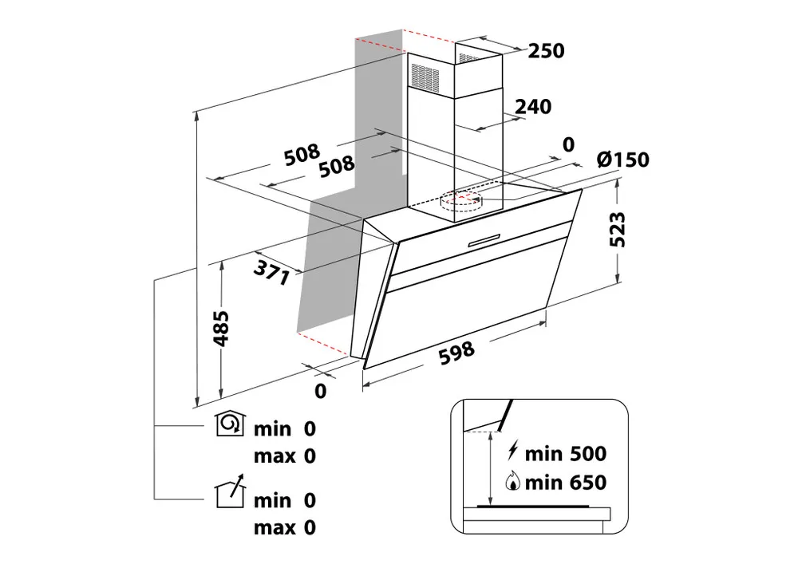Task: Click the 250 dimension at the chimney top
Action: pyautogui.click(x=546, y=51)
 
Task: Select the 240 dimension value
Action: pyautogui.click(x=533, y=107)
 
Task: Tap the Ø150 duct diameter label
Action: pyautogui.click(x=623, y=160)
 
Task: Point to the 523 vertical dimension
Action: pyautogui.click(x=618, y=230)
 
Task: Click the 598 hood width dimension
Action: pyautogui.click(x=456, y=353)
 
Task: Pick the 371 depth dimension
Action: pyautogui.click(x=272, y=272)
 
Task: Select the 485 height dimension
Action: pyautogui.click(x=221, y=329)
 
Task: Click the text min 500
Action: pyautogui.click(x=566, y=454)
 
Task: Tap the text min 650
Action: pyautogui.click(x=566, y=483)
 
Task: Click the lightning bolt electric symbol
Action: pyautogui.click(x=512, y=451)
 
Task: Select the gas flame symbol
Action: pyautogui.click(x=512, y=481)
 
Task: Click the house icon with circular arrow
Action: pyautogui.click(x=231, y=424)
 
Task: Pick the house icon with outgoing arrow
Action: pyautogui.click(x=231, y=491)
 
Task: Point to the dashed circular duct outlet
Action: pyautogui.click(x=460, y=200)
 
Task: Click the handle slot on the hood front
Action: pyautogui.click(x=484, y=240)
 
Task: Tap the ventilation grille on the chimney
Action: pyautogui.click(x=425, y=78)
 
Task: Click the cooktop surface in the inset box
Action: pyautogui.click(x=533, y=507)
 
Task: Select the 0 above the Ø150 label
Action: pyautogui.click(x=568, y=145)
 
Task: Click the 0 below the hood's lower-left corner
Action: pyautogui.click(x=320, y=391)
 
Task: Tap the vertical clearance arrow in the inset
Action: pyautogui.click(x=491, y=468)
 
